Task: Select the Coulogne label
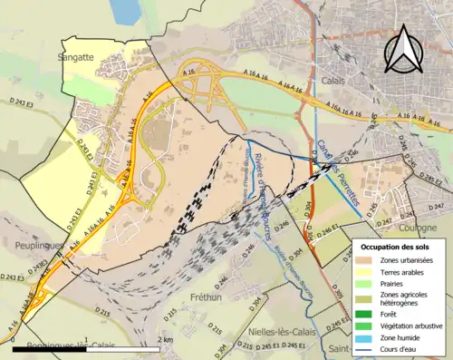(421, 203)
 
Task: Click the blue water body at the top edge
(126, 11)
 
